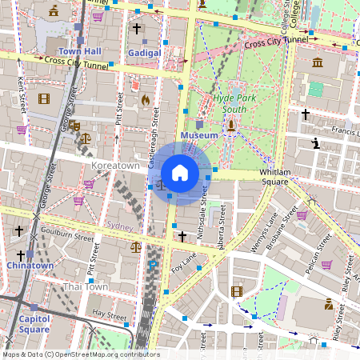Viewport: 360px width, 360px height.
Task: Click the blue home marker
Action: [180, 173]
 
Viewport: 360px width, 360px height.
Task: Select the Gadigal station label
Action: [144, 52]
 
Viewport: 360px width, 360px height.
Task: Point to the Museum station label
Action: [199, 136]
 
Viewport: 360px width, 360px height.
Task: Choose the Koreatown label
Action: [116, 166]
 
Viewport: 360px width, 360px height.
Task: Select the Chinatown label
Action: [30, 265]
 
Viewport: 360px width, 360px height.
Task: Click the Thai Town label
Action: [86, 286]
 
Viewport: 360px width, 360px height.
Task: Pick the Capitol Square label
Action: [34, 324]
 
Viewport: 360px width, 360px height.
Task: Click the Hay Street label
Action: [110, 314]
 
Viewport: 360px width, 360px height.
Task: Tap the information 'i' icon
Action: [316, 144]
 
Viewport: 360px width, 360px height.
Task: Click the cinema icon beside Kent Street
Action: [43, 98]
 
